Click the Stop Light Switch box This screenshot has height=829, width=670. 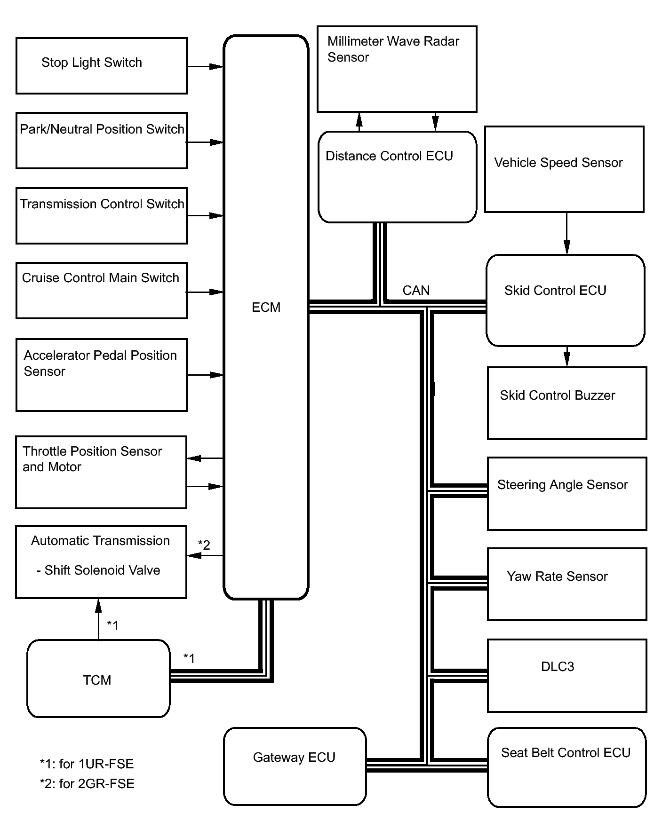tap(102, 66)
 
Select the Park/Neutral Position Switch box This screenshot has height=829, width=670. tap(102, 141)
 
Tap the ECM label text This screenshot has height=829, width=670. tap(266, 308)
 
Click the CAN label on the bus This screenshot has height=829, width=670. tap(416, 291)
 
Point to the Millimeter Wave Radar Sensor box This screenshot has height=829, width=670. tap(397, 69)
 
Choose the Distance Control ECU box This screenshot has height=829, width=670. tap(398, 177)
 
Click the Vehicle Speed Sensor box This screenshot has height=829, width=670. tap(564, 169)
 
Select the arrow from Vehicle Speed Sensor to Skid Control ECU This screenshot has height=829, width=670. tap(567, 233)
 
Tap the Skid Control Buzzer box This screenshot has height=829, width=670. tap(567, 403)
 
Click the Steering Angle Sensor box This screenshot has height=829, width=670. tap(567, 494)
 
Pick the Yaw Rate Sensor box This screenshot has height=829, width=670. tap(567, 584)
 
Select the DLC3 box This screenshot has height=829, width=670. tap(567, 675)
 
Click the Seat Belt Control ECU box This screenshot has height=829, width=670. tap(566, 767)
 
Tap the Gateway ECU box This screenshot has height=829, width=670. tap(295, 766)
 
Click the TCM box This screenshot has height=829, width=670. tap(98, 679)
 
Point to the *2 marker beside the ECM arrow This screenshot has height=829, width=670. tap(204, 545)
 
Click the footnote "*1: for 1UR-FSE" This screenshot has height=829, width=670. tap(87, 764)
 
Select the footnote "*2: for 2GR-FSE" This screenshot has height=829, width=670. tap(87, 784)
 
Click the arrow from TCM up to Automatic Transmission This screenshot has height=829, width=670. tap(98, 619)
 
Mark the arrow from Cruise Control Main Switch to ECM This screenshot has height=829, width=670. tap(205, 292)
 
